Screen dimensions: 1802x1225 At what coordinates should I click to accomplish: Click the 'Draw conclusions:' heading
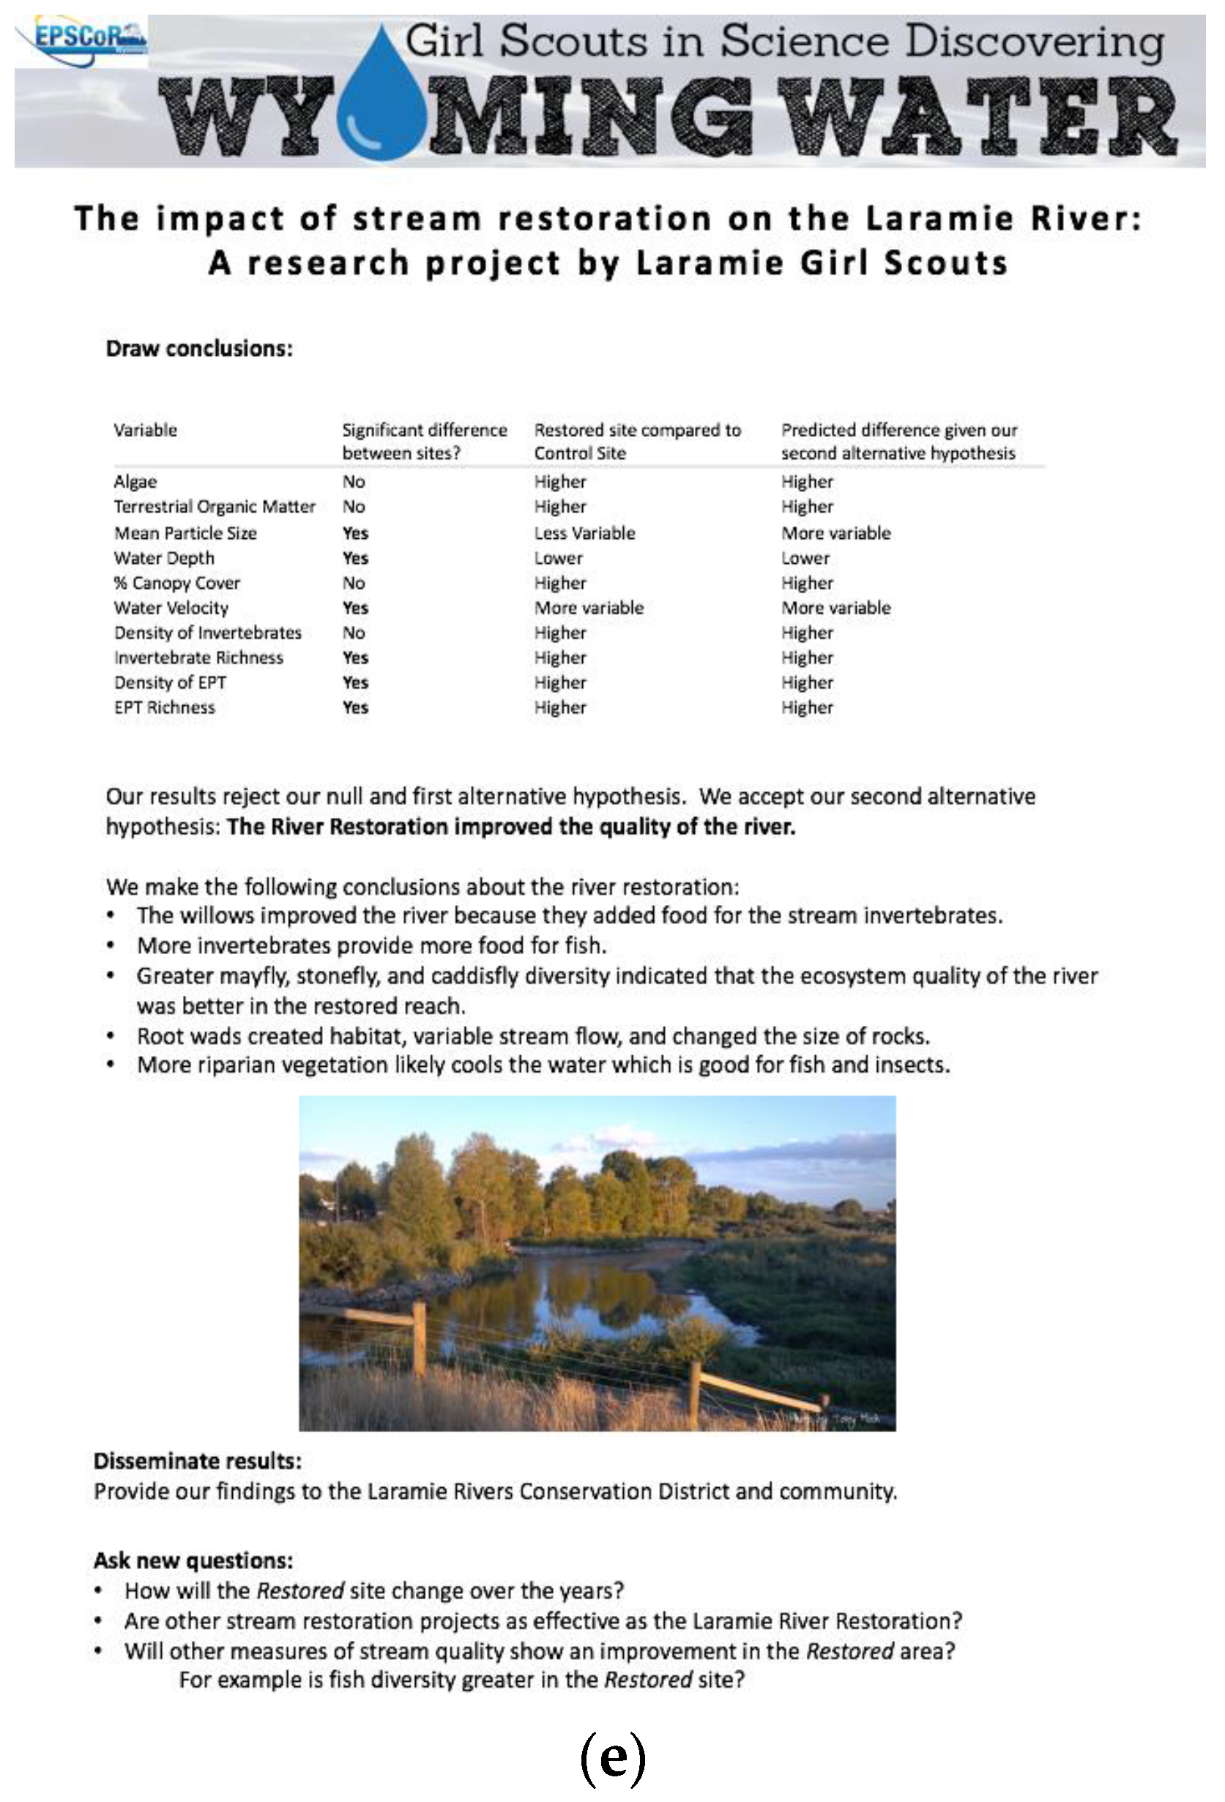pos(199,349)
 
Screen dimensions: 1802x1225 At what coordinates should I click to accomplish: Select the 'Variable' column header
pos(145,431)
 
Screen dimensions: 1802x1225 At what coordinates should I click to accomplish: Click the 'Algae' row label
pos(135,482)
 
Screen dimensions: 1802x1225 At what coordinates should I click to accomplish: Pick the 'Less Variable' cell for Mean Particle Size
pos(584,532)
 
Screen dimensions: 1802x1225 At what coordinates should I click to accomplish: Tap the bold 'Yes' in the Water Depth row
pos(355,558)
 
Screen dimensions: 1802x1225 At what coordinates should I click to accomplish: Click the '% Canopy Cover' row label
pos(176,583)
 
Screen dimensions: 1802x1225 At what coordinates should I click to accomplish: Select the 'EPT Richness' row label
pos(164,707)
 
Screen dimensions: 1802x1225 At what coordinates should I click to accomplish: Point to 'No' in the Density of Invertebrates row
pos(354,633)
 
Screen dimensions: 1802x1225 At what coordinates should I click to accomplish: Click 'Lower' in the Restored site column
pos(557,558)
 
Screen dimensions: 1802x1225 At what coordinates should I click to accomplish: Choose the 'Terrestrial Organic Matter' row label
pos(214,507)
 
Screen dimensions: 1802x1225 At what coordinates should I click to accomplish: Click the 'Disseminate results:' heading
pos(198,1462)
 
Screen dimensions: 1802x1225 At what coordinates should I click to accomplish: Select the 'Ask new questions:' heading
pos(193,1560)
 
